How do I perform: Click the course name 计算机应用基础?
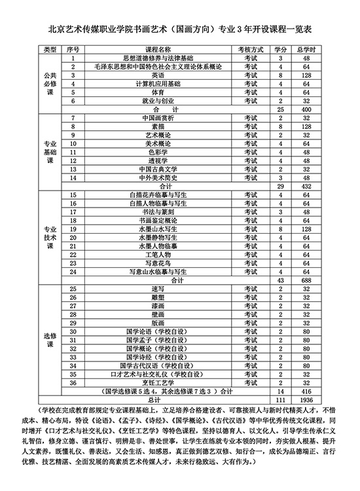[x=157, y=84]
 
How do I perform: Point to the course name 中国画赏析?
[x=157, y=118]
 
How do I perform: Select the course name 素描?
[x=157, y=126]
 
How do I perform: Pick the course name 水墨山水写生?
[x=157, y=229]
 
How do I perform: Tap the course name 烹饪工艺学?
[x=157, y=382]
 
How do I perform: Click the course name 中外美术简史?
[x=157, y=177]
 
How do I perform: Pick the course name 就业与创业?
[x=157, y=101]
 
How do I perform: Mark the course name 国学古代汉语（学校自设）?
[x=157, y=365]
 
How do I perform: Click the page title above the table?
[x=180, y=29]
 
